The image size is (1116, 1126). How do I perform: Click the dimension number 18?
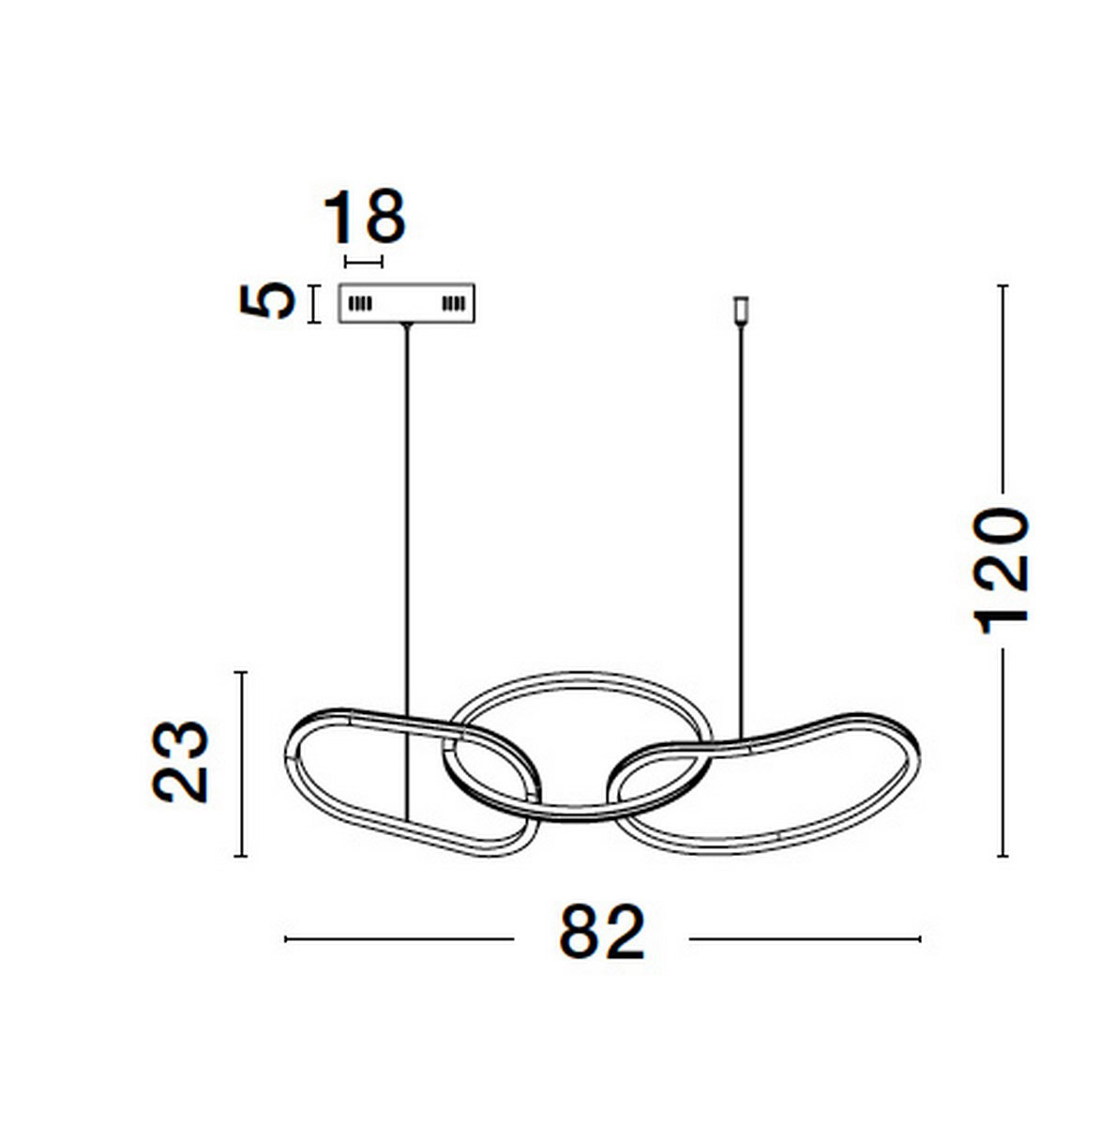click(364, 216)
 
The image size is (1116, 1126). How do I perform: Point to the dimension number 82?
click(601, 932)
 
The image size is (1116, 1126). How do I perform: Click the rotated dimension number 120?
click(999, 571)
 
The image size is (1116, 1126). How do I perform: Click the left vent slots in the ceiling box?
click(360, 304)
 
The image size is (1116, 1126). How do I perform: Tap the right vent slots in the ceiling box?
click(453, 304)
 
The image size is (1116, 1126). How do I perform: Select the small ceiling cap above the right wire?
click(741, 310)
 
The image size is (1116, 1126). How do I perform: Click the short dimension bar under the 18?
click(364, 262)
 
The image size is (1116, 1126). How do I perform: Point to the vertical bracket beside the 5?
click(315, 304)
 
